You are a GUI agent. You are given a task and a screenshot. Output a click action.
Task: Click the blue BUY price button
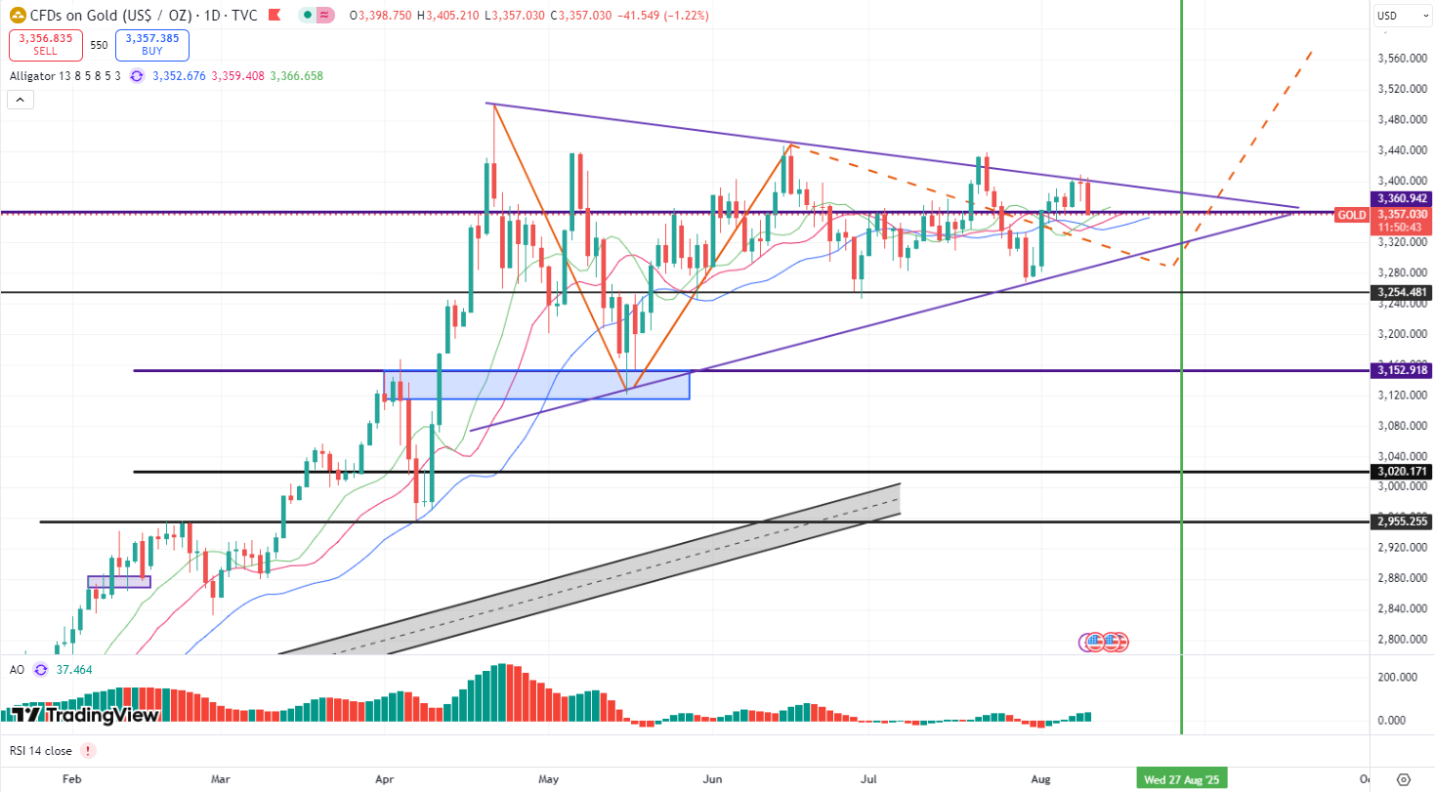151,45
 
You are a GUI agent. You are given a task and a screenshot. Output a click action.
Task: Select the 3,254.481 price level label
1402,292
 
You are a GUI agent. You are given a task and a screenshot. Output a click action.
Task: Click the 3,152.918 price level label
1402,370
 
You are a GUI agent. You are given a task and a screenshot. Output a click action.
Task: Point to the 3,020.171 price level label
1402,472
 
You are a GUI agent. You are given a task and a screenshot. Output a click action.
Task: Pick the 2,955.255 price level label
1402,521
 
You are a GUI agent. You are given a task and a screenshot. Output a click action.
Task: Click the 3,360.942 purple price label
1402,198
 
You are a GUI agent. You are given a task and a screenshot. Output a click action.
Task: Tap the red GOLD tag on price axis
1351,215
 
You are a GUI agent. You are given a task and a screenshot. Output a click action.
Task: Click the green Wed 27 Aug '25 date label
1182,779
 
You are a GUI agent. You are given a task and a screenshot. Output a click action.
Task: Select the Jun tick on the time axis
712,779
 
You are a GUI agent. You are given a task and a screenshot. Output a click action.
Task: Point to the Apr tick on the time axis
384,779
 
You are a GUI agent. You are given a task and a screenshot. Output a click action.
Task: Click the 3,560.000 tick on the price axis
1402,59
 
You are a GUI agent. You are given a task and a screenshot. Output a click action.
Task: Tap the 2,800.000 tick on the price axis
1402,639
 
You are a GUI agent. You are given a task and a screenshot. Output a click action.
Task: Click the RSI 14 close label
41,751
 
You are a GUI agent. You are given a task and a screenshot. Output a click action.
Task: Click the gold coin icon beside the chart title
17,16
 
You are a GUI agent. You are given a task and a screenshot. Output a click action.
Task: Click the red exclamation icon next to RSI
89,751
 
